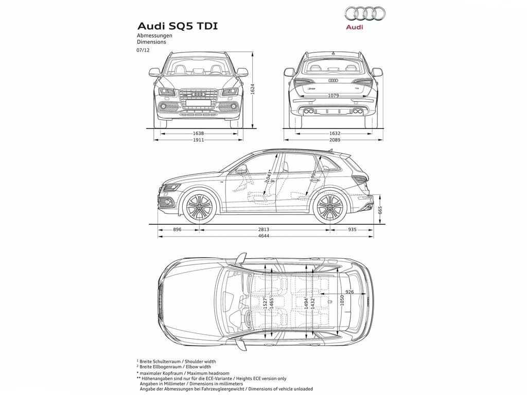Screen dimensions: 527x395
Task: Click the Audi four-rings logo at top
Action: pos(365,13)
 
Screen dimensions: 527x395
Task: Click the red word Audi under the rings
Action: pos(355,27)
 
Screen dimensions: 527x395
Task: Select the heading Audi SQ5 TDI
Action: pos(177,26)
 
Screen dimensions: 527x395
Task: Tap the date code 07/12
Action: pos(143,50)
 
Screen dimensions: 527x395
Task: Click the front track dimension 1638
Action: pos(198,133)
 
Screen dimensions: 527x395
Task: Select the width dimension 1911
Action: pos(198,140)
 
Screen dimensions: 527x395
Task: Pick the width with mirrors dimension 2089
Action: pos(335,140)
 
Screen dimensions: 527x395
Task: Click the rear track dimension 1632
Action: pos(335,133)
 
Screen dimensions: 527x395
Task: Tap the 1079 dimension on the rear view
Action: pos(333,96)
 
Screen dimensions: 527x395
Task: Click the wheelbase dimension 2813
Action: pos(263,229)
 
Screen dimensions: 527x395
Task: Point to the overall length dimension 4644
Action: pos(263,236)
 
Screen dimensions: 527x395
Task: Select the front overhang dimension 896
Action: pos(177,229)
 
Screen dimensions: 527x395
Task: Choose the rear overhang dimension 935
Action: pos(352,229)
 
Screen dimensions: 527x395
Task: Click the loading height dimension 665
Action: pos(380,210)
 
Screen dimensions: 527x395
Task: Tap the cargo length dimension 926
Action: pos(349,292)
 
